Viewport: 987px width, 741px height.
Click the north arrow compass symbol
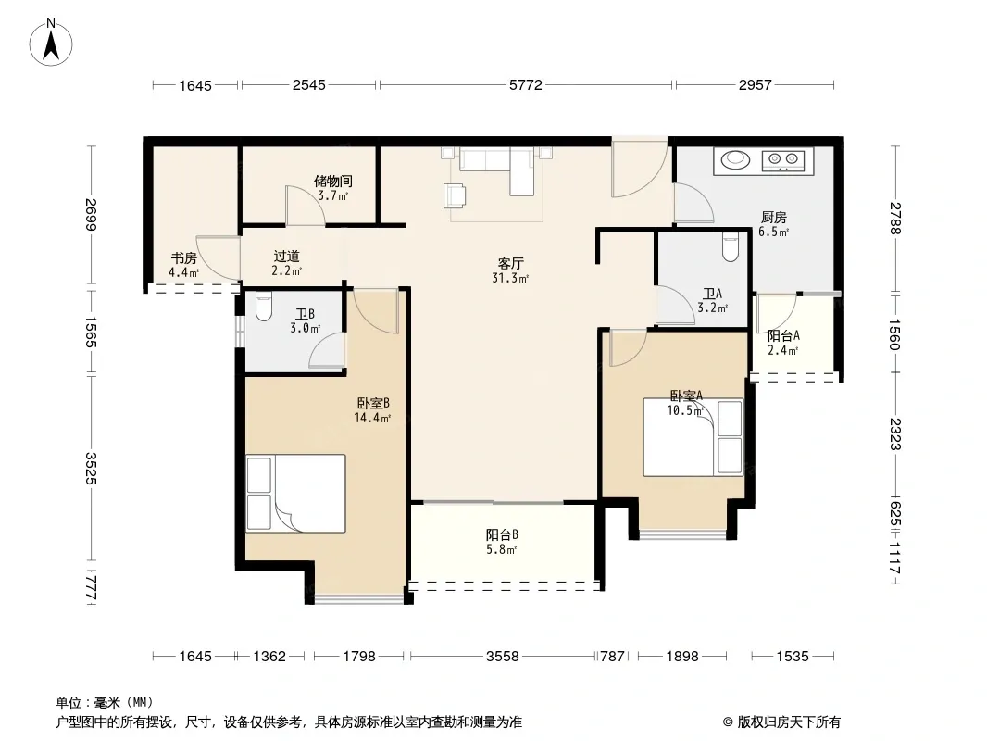pos(51,42)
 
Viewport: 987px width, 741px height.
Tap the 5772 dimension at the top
pos(526,85)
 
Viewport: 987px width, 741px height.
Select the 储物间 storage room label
pos(333,182)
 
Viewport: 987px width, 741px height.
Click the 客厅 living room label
pos(510,263)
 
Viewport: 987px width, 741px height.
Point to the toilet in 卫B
pos(263,308)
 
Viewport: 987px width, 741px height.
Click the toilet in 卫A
pos(731,246)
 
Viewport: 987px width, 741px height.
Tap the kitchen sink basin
pos(734,160)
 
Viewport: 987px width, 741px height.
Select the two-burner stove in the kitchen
pos(783,160)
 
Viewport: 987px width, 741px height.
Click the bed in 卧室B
pos(295,494)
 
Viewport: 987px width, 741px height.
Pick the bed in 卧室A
pos(693,437)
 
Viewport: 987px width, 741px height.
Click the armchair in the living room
pos(455,195)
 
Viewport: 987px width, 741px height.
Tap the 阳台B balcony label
pos(502,535)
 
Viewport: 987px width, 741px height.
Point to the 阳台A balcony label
pos(783,336)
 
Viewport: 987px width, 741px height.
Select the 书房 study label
pos(184,258)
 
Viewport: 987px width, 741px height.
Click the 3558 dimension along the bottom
pos(503,657)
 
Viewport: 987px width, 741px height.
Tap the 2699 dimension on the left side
pos(92,215)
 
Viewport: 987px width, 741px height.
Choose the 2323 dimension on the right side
pos(895,434)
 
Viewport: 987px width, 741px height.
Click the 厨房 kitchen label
pos(774,218)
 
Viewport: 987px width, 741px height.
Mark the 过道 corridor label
pos(286,257)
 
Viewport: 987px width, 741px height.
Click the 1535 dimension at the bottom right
pos(792,657)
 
